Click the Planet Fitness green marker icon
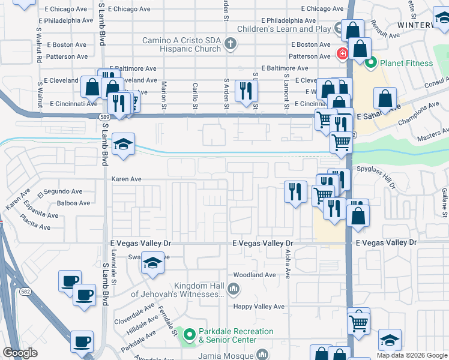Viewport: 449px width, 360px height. click(x=370, y=62)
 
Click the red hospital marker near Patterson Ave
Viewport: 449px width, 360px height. click(x=342, y=54)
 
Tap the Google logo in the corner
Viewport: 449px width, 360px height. click(x=20, y=353)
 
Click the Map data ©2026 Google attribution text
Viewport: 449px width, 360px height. click(x=411, y=355)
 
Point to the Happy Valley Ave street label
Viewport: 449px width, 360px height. click(x=259, y=307)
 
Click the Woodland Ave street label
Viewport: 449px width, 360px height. click(x=255, y=275)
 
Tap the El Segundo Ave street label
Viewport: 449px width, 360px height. click(x=60, y=192)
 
